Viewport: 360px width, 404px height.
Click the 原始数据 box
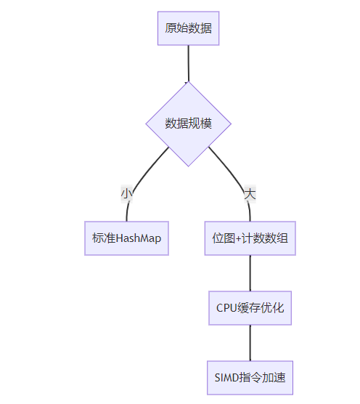(x=189, y=28)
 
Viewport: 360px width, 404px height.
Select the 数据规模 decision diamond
(x=189, y=124)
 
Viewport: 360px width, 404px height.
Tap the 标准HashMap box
(x=126, y=238)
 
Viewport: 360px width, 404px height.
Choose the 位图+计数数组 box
(x=250, y=238)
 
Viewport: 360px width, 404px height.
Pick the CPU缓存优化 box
(x=250, y=308)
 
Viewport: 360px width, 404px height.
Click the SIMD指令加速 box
(x=250, y=378)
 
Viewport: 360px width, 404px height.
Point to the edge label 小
(x=127, y=194)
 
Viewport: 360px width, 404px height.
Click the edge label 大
(x=250, y=194)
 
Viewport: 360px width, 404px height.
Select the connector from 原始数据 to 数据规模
(x=189, y=64)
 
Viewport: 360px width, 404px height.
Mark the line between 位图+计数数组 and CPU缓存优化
(x=250, y=273)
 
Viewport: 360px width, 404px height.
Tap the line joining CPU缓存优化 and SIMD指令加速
(x=250, y=343)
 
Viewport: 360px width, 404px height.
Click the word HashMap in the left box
(x=139, y=238)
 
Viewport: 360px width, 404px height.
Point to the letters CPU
(x=226, y=308)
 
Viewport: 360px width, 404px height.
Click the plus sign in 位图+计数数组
(x=238, y=239)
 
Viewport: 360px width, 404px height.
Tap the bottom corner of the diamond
(x=189, y=166)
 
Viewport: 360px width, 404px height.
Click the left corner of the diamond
(x=146, y=124)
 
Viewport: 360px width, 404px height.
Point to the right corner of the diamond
(x=232, y=124)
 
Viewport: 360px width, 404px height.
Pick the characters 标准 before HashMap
(x=104, y=238)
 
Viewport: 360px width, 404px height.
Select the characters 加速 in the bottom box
(x=274, y=378)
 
